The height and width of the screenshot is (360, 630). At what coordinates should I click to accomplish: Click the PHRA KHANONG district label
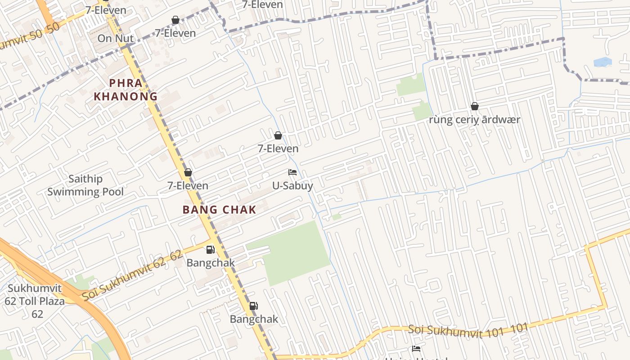pyautogui.click(x=126, y=90)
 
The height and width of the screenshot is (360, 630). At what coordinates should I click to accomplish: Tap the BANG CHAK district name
pyautogui.click(x=220, y=210)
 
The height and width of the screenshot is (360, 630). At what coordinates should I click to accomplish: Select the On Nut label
pyautogui.click(x=116, y=38)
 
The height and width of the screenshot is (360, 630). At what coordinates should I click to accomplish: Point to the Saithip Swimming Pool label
pyautogui.click(x=85, y=185)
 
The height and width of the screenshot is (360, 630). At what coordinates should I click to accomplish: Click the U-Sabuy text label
pyautogui.click(x=292, y=185)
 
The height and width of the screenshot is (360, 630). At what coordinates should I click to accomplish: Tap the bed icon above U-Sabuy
pyautogui.click(x=292, y=172)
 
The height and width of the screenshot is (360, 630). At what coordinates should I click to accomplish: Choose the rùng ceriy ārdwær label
pyautogui.click(x=475, y=120)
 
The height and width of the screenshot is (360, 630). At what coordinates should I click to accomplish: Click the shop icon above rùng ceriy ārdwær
pyautogui.click(x=474, y=107)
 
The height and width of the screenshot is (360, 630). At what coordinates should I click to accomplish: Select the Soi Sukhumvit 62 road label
pyautogui.click(x=132, y=275)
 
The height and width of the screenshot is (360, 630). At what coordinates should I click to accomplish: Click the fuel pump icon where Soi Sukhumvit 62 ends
pyautogui.click(x=210, y=250)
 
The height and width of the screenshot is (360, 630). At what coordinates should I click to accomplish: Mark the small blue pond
pyautogui.click(x=603, y=62)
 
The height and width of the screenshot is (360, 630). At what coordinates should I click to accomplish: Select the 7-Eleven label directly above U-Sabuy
pyautogui.click(x=278, y=148)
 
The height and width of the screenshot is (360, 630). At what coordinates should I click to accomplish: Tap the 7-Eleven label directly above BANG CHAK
pyautogui.click(x=188, y=185)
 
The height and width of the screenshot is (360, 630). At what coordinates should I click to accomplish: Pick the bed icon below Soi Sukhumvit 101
pyautogui.click(x=416, y=349)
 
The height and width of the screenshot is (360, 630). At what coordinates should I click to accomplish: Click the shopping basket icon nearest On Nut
pyautogui.click(x=175, y=20)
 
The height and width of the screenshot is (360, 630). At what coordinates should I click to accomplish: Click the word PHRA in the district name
pyautogui.click(x=126, y=83)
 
